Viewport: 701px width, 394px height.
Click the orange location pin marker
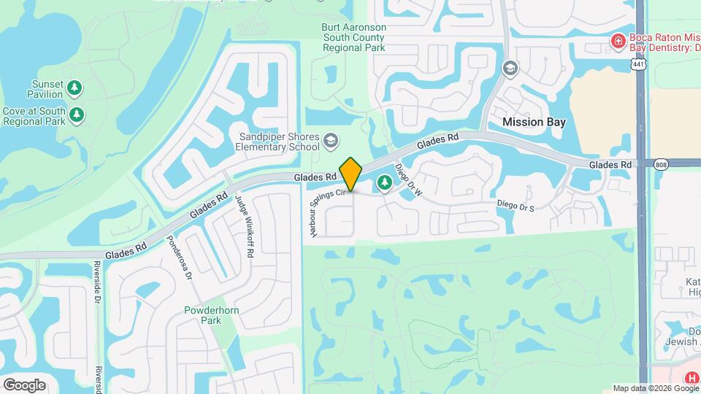coord(351,174)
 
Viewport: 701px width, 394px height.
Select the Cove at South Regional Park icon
coord(77,115)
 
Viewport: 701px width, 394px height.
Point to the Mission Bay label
coord(534,123)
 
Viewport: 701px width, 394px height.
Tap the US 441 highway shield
coord(639,65)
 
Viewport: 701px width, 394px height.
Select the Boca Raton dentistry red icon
coord(618,40)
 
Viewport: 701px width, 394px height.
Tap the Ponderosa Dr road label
coord(179,258)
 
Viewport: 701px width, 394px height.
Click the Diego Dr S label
coord(516,207)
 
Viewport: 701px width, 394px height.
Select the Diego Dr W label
coord(409,180)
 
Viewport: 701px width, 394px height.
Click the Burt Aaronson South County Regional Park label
coord(353,37)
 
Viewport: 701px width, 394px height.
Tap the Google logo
coord(24,385)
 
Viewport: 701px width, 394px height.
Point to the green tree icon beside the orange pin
coord(383,182)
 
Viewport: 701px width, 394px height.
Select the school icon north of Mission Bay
coord(510,69)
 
